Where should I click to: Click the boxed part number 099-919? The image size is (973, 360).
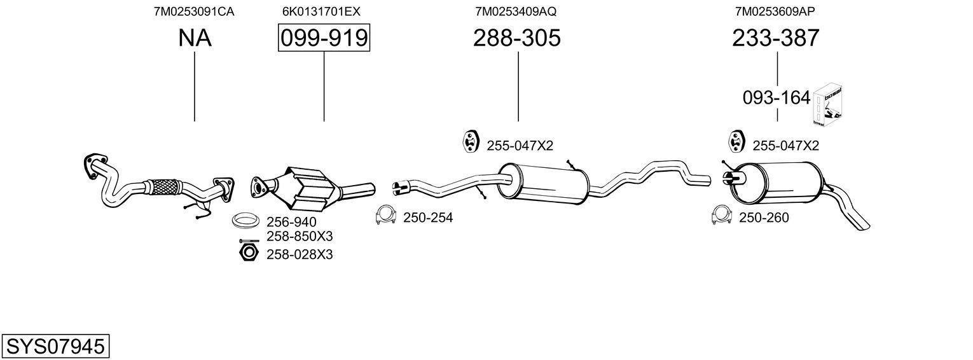324,38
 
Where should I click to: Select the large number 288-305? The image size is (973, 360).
517,38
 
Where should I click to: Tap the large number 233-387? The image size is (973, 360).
776,38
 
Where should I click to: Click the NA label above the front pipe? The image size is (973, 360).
195,38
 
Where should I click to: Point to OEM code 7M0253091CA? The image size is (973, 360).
194,11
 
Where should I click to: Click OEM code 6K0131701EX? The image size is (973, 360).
321,11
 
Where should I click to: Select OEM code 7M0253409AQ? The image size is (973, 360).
516,11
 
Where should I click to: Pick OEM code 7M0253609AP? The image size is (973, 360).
775,11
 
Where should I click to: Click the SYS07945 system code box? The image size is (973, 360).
55,347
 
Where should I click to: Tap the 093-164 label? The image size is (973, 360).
776,98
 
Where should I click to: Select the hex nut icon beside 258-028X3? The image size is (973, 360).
249,253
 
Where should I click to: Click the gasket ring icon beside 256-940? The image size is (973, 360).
243,220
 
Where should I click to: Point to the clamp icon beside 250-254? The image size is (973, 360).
386,214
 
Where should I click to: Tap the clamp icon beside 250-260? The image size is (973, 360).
722,214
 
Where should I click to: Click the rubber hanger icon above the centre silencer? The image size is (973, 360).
470,141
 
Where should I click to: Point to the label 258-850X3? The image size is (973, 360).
300,237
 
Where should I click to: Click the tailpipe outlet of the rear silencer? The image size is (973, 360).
862,226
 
